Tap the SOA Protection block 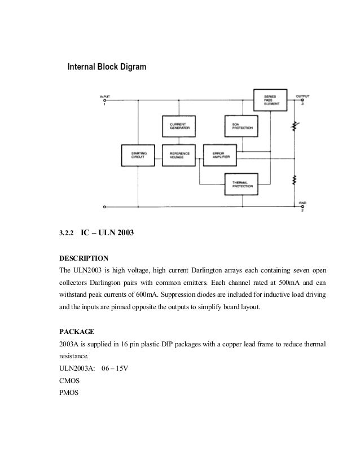pos(240,127)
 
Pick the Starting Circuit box pos(138,155)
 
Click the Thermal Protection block pos(240,183)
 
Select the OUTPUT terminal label pos(302,96)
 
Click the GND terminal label pos(302,202)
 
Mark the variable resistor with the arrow pos(294,127)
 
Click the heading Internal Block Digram pos(107,67)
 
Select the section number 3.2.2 pos(67,232)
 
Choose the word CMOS pos(69,382)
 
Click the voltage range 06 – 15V pos(118,369)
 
